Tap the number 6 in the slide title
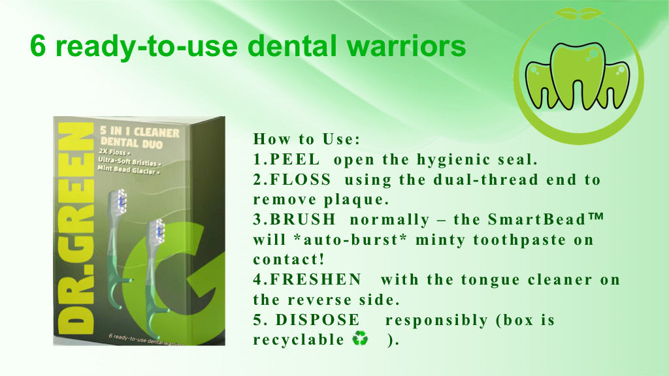click(37, 46)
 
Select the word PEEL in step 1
click(295, 159)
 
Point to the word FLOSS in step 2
click(301, 180)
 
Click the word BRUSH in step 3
click(303, 219)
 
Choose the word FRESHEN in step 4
click(316, 279)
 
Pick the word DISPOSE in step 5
click(318, 319)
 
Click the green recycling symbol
click(360, 339)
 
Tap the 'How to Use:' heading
click(307, 139)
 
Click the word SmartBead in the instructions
click(537, 219)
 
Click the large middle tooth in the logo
click(578, 75)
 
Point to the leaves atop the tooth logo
click(579, 13)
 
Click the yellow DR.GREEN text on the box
click(76, 228)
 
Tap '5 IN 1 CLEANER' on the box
click(140, 132)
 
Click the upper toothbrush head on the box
click(119, 201)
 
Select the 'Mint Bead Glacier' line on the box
click(129, 170)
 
